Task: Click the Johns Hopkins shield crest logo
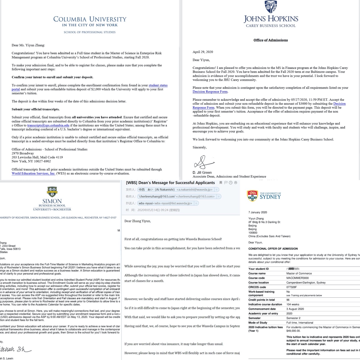click(270, 7)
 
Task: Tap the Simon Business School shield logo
click(52, 192)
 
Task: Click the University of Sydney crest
click(252, 196)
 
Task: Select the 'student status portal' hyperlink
click(158, 85)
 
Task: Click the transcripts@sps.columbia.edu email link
click(48, 125)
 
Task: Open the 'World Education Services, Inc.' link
click(33, 174)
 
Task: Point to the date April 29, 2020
click(203, 52)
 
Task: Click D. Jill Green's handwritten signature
click(203, 162)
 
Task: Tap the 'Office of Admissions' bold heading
click(270, 40)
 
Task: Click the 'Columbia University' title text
click(90, 19)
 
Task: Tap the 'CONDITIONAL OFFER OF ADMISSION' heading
click(273, 249)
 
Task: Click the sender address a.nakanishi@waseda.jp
click(194, 190)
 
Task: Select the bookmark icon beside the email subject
click(221, 183)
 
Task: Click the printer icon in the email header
click(235, 183)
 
